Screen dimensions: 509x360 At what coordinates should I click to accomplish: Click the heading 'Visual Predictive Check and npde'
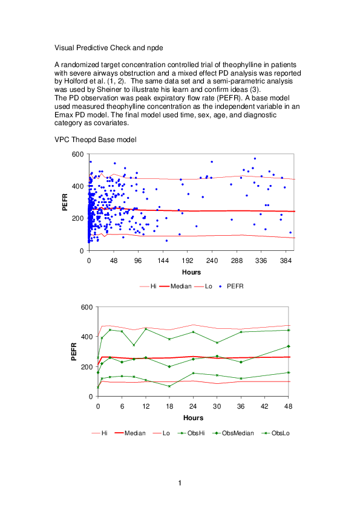(x=108, y=47)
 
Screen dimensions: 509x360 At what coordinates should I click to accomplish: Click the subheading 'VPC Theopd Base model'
(x=95, y=140)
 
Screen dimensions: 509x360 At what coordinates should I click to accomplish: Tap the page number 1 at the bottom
(x=180, y=483)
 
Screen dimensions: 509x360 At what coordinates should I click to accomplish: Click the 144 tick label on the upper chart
(x=163, y=260)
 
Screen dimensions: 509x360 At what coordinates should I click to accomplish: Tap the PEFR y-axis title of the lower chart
(x=74, y=351)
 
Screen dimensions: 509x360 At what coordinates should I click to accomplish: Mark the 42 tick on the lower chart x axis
(x=267, y=406)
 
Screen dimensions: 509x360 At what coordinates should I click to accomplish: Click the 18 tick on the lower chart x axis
(x=169, y=406)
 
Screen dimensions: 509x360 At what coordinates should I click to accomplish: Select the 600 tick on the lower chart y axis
(x=87, y=307)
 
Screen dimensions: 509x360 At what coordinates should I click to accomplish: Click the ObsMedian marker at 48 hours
(x=289, y=346)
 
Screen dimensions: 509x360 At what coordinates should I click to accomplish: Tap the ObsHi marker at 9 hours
(x=134, y=345)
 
